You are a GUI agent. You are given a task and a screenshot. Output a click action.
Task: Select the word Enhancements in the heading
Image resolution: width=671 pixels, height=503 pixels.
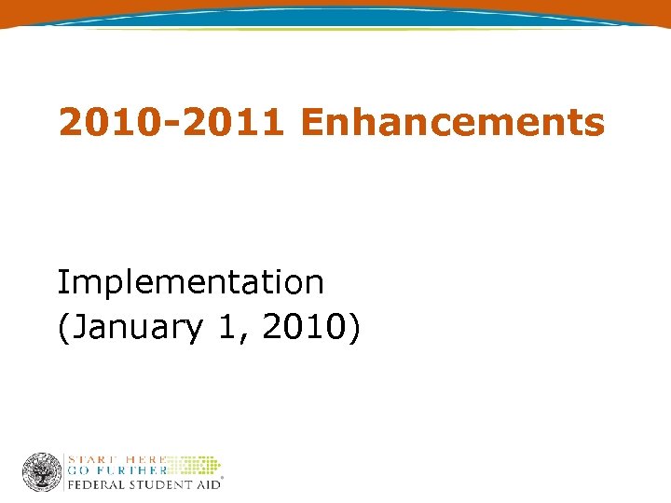point(454,122)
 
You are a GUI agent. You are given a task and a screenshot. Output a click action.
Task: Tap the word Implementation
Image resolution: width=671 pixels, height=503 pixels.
point(190,281)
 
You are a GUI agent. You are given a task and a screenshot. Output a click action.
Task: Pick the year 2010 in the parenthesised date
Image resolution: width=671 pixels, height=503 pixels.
point(299,327)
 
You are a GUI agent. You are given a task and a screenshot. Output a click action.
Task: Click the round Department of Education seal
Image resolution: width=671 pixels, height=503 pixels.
point(42,472)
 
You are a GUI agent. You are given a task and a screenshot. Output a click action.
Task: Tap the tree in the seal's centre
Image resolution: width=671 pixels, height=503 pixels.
point(42,471)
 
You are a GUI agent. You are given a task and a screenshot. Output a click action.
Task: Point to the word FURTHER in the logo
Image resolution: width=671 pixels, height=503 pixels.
point(130,471)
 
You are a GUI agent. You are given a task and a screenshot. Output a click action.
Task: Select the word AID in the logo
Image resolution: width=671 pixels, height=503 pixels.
point(206,484)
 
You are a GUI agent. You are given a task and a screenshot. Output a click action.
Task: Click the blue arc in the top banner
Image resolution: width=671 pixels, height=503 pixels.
point(335,17)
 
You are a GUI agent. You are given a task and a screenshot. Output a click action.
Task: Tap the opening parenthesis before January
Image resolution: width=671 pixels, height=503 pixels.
point(62,328)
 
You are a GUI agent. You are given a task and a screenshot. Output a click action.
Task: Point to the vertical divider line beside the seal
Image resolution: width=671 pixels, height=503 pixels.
point(64,472)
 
